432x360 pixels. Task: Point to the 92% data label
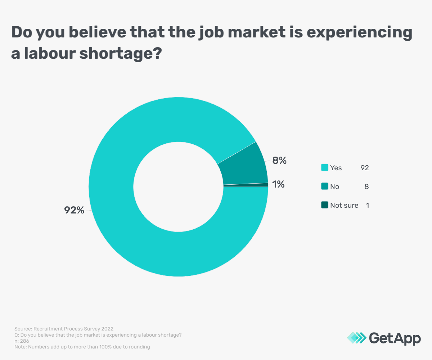tap(74, 210)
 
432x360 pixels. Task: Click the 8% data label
tap(279, 161)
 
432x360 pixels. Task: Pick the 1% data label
tap(278, 185)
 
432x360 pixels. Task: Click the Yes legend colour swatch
tap(324, 168)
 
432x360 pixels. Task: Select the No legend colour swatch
tap(324, 186)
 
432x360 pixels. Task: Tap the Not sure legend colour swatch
tap(324, 205)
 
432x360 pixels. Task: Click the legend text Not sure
tap(344, 205)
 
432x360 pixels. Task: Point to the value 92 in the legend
tap(365, 168)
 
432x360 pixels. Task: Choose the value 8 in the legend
tap(366, 186)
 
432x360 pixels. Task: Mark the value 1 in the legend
tap(367, 205)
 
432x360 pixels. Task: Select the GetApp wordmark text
tap(395, 338)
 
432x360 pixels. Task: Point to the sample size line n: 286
tap(22, 341)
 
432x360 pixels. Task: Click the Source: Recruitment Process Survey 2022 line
tap(64, 329)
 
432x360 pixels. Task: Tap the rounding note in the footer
tap(82, 347)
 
